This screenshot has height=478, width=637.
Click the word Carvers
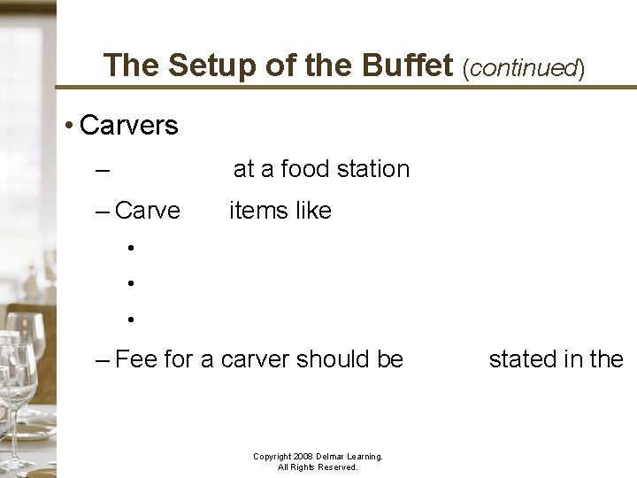point(129,126)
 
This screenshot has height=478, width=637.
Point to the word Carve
point(148,211)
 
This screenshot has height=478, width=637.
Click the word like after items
point(314,211)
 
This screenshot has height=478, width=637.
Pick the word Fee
point(135,359)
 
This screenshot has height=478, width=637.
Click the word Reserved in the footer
point(336,467)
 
